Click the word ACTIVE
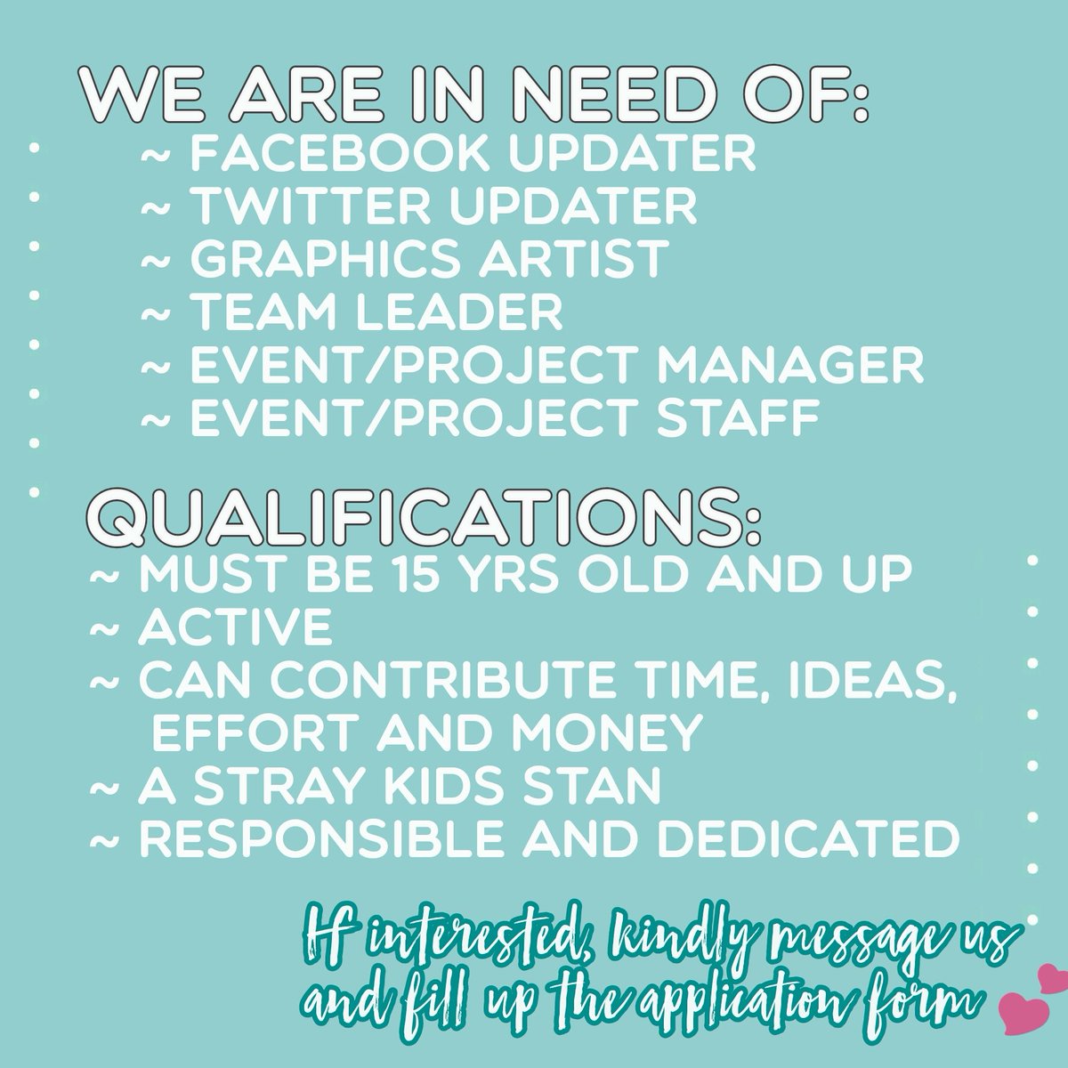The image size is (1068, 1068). pos(235,629)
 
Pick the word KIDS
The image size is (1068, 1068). pos(441,787)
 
